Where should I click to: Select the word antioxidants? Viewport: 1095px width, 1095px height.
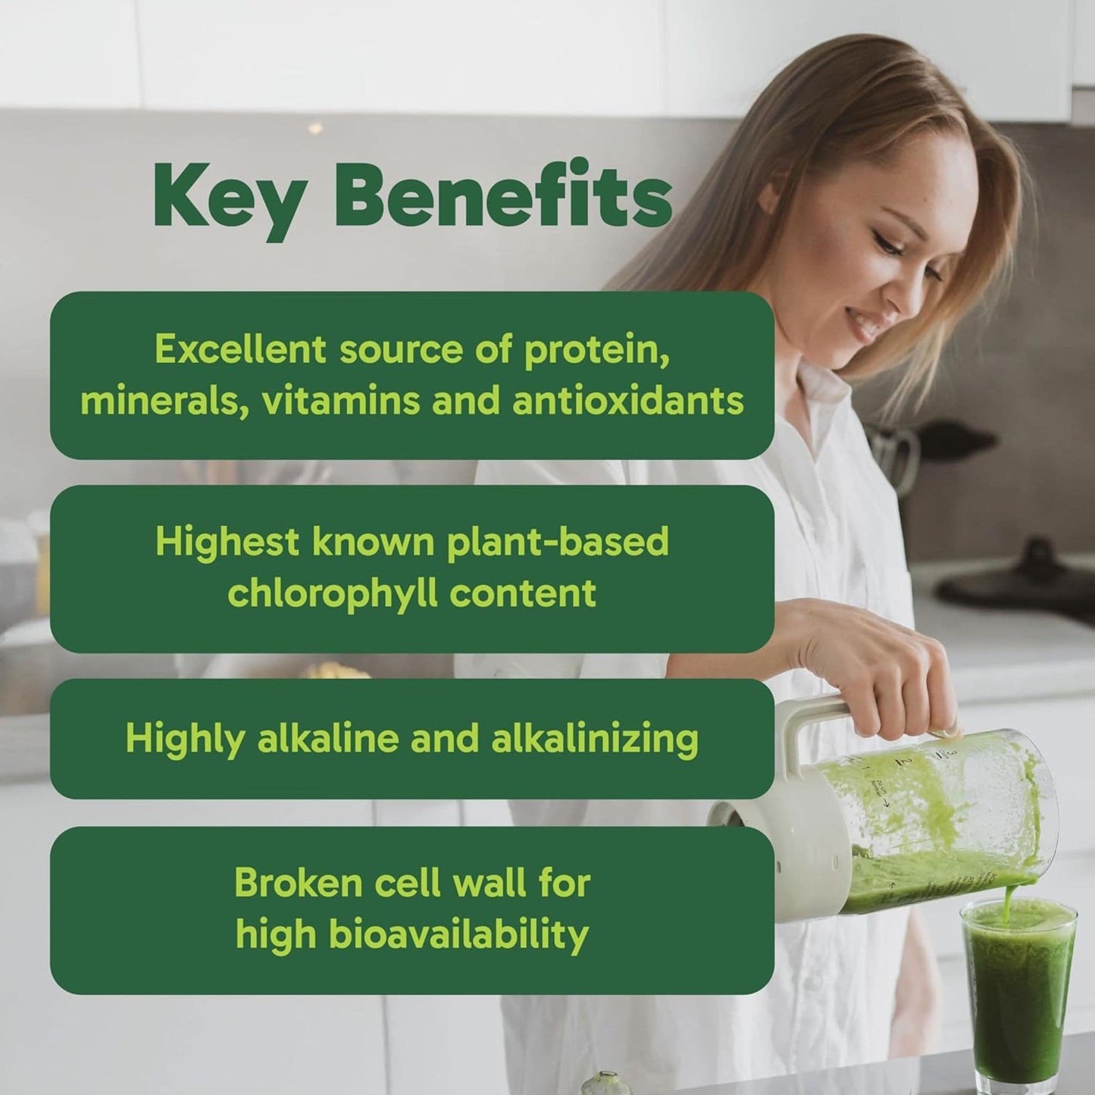coord(627,401)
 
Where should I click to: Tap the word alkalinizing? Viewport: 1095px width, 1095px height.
coord(594,739)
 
